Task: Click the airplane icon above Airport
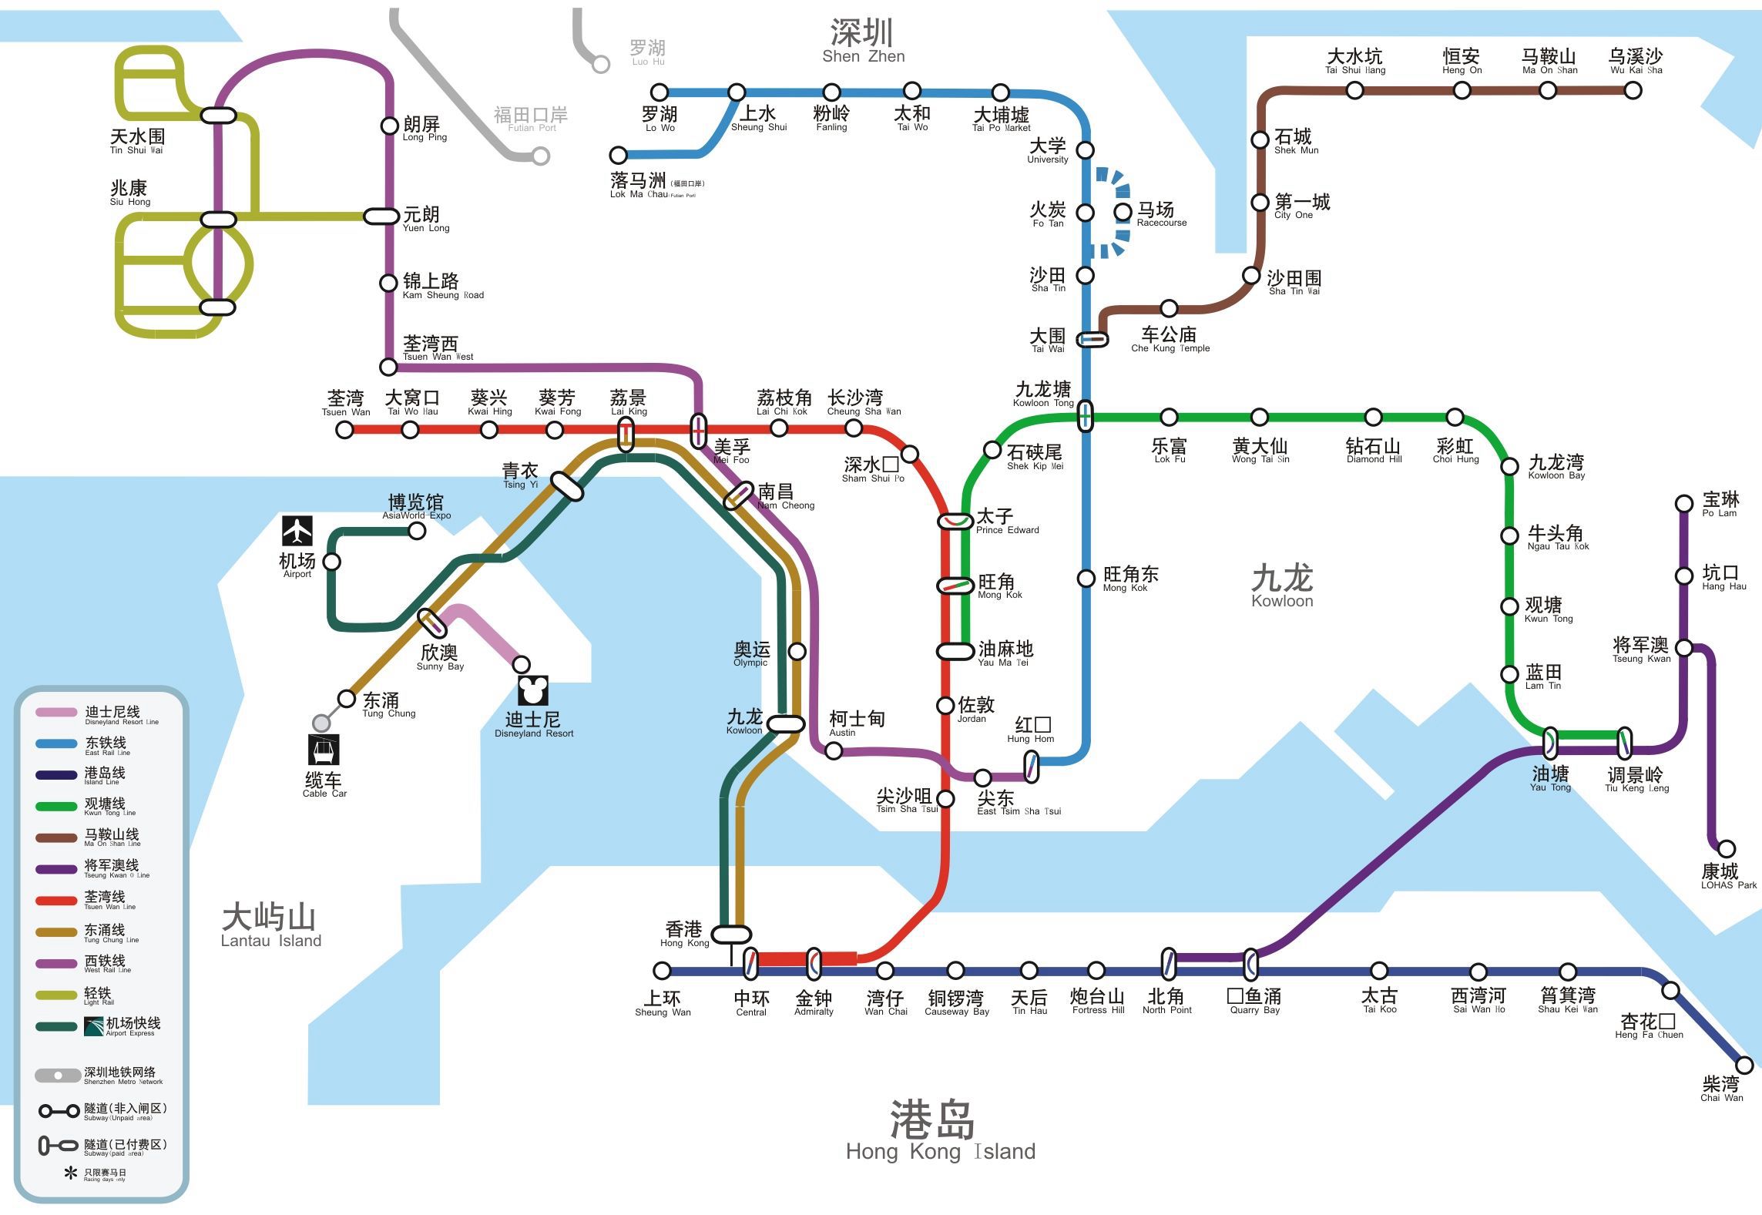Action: pos(297,531)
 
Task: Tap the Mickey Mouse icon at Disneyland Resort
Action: pos(532,690)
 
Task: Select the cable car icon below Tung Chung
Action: pos(323,749)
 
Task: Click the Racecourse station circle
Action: pos(1123,211)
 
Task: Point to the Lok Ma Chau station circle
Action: pos(618,156)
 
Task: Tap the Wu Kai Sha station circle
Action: pos(1633,90)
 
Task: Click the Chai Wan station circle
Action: pos(1744,1066)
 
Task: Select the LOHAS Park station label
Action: pos(1728,876)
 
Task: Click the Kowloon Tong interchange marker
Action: pos(1085,415)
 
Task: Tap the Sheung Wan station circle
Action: pos(662,970)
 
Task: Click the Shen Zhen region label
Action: pos(862,42)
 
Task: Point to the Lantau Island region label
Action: pos(270,925)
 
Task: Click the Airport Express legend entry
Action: pos(116,1025)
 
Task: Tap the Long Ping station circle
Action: pos(390,126)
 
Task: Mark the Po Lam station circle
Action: pos(1684,505)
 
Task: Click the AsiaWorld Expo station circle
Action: pos(417,531)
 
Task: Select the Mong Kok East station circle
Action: pos(1086,578)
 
